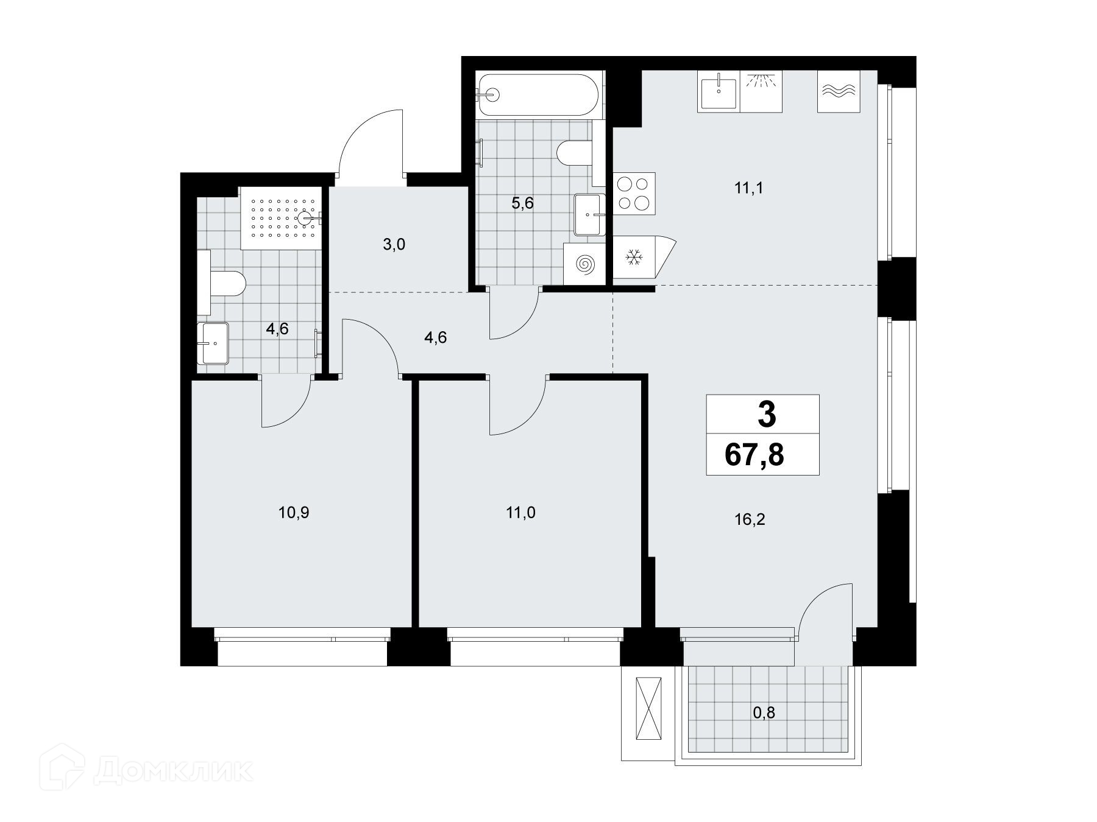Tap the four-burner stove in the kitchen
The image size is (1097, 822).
[x=634, y=193]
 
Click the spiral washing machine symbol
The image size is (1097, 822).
[x=584, y=263]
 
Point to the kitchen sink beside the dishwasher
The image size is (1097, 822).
[x=719, y=91]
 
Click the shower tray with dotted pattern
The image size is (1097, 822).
[x=280, y=218]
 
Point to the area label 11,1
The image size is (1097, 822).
[x=748, y=188]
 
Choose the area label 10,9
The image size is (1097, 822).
[x=294, y=513]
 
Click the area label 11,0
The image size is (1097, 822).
[x=521, y=513]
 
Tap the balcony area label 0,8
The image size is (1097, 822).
[x=764, y=712]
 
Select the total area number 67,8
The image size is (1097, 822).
[x=754, y=454]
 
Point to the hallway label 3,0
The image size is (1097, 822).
[x=394, y=245]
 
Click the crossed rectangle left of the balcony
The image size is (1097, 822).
[x=648, y=709]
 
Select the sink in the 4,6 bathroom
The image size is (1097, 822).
[x=213, y=343]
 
